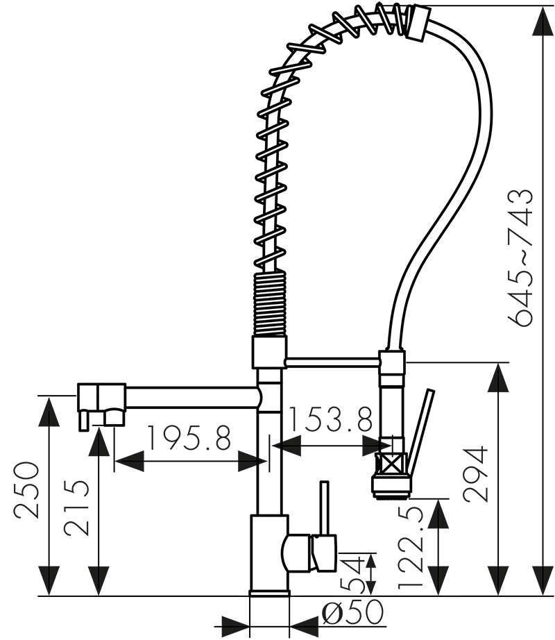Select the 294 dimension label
pyautogui.click(x=476, y=473)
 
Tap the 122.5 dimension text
pyautogui.click(x=411, y=551)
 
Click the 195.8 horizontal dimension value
pyautogui.click(x=189, y=438)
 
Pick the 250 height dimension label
pyautogui.click(x=26, y=490)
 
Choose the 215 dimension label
pyautogui.click(x=76, y=507)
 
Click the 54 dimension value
pyautogui.click(x=352, y=573)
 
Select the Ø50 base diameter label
pyautogui.click(x=352, y=612)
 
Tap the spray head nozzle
pyautogui.click(x=391, y=486)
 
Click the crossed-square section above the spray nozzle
pyautogui.click(x=391, y=463)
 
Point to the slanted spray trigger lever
pyautogui.click(x=421, y=432)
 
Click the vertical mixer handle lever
pyautogui.click(x=325, y=507)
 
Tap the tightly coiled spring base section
pyautogui.click(x=268, y=305)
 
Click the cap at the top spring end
pyautogui.click(x=418, y=22)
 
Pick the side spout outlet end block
pyautogui.click(x=101, y=398)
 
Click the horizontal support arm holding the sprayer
pyautogui.click(x=332, y=362)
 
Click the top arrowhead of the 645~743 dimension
pyautogui.click(x=543, y=20)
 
